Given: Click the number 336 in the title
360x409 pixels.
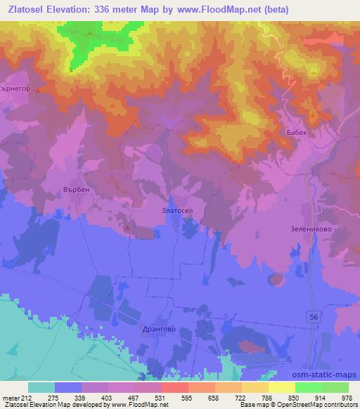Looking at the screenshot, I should pyautogui.click(x=106, y=9).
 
